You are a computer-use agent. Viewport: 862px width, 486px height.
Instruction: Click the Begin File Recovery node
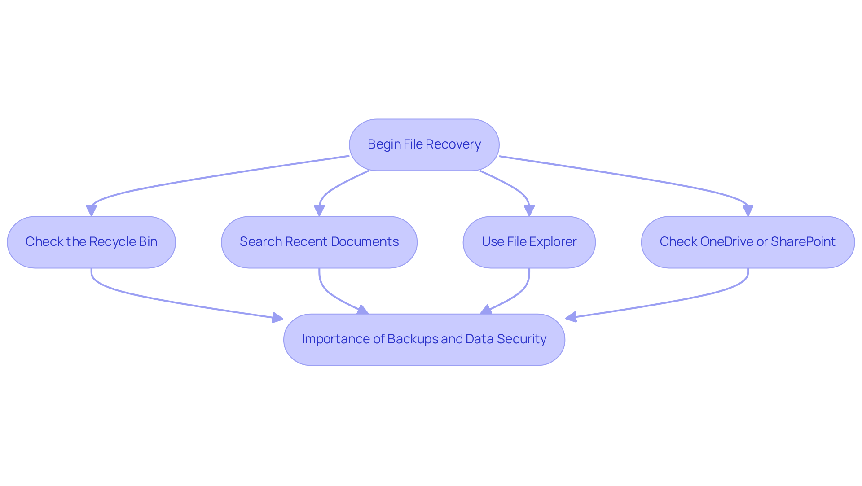click(x=424, y=144)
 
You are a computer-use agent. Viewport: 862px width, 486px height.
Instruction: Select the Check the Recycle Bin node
click(x=91, y=242)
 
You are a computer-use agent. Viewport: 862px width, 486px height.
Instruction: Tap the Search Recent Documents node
click(x=319, y=242)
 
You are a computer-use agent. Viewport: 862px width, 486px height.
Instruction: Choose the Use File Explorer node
click(x=529, y=242)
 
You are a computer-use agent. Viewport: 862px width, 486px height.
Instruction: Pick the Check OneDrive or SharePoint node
click(x=748, y=242)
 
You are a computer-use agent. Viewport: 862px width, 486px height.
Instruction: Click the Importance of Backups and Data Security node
click(x=424, y=339)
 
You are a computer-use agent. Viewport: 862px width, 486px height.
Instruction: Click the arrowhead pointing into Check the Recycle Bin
click(x=91, y=210)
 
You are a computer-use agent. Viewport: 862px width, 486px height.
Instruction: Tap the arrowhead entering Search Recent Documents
click(x=319, y=210)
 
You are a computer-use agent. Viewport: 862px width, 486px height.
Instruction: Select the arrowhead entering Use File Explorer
click(x=529, y=210)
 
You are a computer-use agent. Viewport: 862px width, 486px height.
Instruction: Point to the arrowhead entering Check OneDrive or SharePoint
click(x=748, y=210)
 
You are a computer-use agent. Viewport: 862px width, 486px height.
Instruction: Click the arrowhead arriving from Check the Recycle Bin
click(x=277, y=318)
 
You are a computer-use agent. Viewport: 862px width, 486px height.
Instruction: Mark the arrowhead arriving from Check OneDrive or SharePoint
click(x=571, y=317)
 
